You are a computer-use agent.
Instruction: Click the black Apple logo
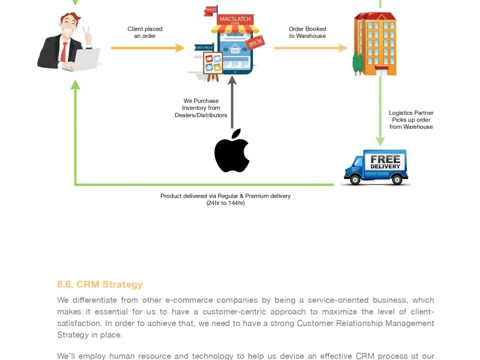[232, 152]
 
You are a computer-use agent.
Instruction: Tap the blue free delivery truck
[376, 167]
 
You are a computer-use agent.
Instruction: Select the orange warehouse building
[375, 44]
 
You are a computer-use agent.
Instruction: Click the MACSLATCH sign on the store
[235, 19]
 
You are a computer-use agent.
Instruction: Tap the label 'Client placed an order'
[145, 33]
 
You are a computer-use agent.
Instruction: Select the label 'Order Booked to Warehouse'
[307, 33]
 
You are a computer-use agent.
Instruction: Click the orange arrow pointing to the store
[147, 48]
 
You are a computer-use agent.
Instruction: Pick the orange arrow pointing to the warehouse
[311, 48]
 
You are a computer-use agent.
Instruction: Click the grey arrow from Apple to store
[232, 102]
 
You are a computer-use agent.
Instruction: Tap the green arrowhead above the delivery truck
[380, 141]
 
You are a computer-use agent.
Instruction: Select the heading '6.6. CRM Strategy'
[100, 284]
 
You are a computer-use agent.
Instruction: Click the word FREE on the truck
[385, 159]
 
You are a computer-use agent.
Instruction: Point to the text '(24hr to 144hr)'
[226, 203]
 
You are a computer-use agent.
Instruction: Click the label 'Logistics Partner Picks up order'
[411, 116]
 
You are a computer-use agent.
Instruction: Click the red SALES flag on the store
[211, 10]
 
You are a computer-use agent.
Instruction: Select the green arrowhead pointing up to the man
[75, 84]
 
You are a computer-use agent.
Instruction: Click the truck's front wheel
[355, 180]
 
